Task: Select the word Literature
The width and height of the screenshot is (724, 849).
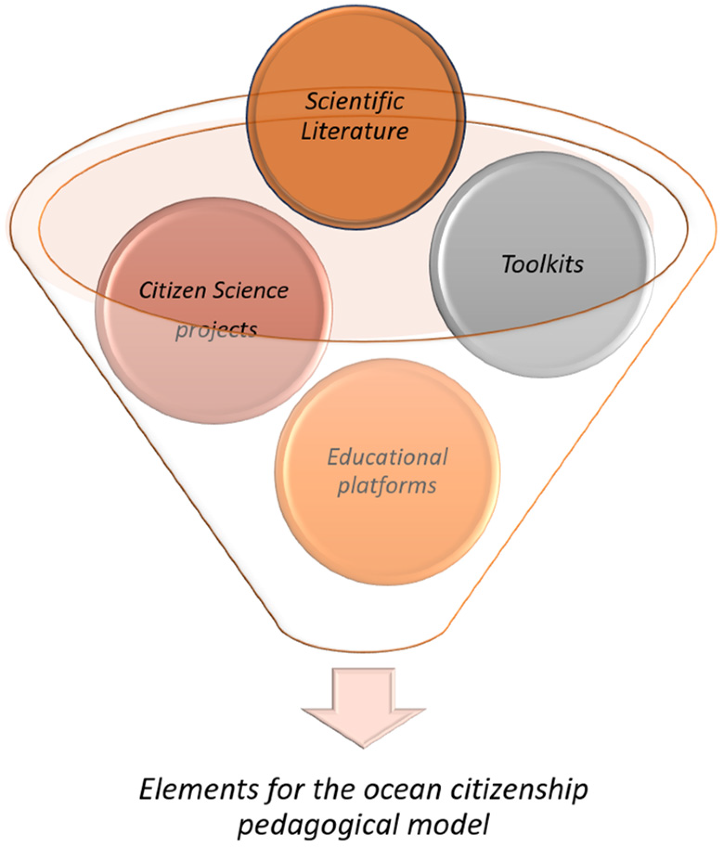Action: click(x=355, y=132)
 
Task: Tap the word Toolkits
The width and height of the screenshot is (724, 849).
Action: click(x=543, y=264)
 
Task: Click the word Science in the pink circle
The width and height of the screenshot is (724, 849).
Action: click(x=251, y=291)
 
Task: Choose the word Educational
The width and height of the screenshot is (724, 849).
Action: click(x=388, y=457)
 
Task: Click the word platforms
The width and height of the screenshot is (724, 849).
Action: click(x=387, y=486)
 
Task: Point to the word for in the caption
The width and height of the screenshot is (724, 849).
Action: click(x=284, y=789)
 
